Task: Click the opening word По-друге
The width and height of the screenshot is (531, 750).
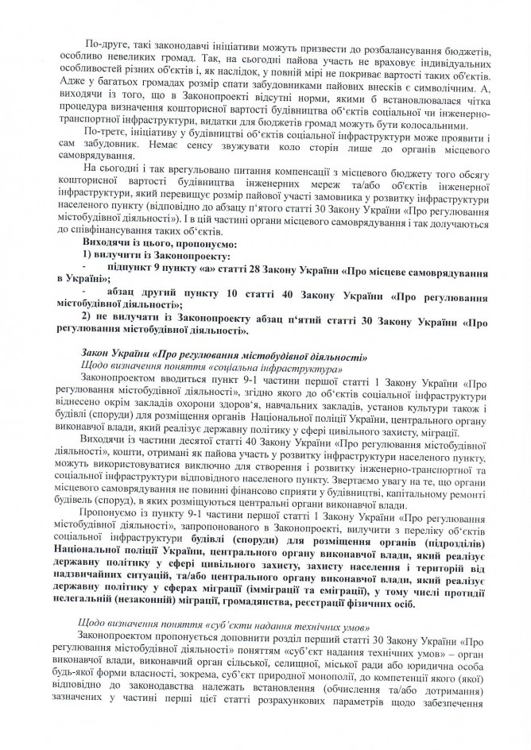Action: click(107, 40)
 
